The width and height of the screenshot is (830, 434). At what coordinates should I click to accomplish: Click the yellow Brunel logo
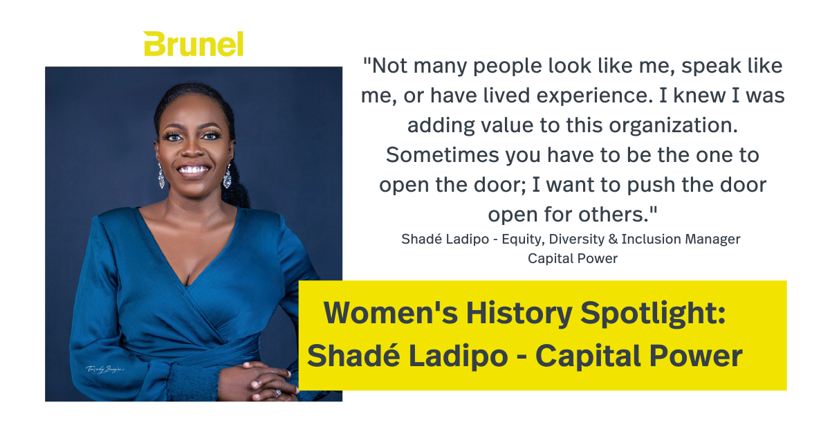point(194,44)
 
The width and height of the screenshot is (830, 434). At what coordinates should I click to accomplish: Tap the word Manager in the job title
point(713,239)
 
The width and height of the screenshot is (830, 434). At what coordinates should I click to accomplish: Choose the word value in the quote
point(498,125)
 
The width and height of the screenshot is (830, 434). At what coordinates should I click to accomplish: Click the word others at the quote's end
point(616,215)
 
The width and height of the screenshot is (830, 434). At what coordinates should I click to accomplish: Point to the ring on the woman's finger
point(278,392)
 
